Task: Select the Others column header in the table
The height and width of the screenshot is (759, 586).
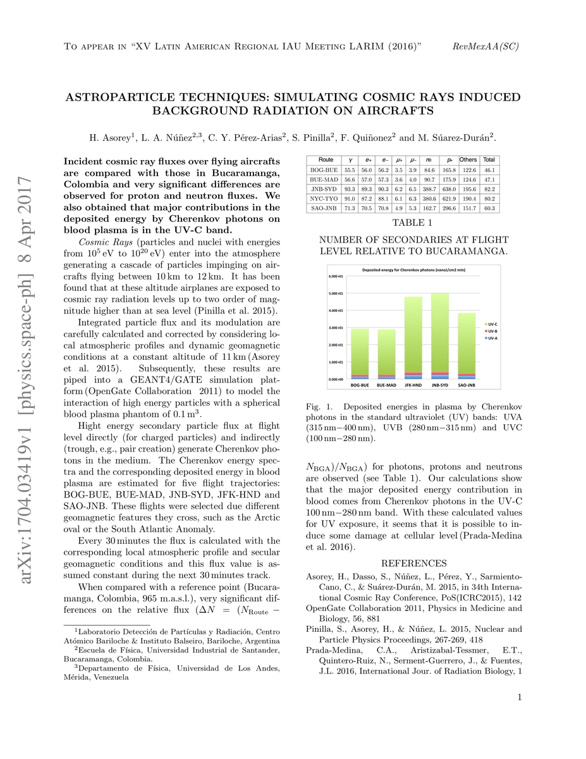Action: pyautogui.click(x=468, y=160)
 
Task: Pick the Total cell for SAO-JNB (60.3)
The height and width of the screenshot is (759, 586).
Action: pyautogui.click(x=489, y=207)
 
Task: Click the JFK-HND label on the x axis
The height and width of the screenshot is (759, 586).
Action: pyautogui.click(x=413, y=385)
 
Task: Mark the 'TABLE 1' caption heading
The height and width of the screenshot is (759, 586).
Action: pyautogui.click(x=412, y=223)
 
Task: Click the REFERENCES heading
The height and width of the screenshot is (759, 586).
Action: pyautogui.click(x=414, y=563)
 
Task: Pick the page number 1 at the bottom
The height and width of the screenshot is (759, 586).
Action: pyautogui.click(x=519, y=698)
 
